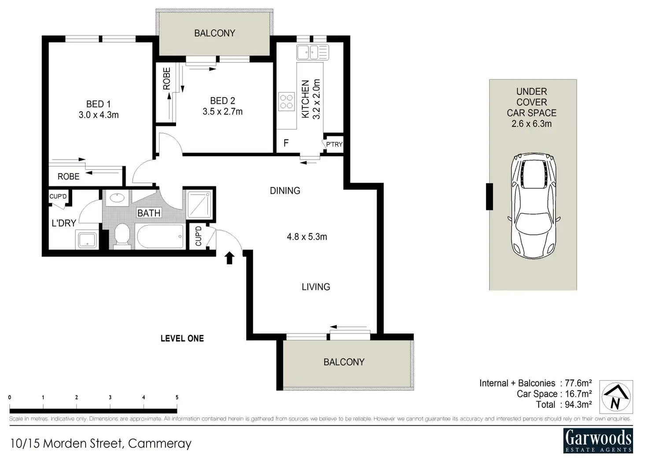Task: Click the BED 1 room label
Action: pyautogui.click(x=98, y=104)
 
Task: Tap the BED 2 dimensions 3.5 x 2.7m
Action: pyautogui.click(x=222, y=112)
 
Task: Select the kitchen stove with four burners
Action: pyautogui.click(x=287, y=102)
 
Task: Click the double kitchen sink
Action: pyautogui.click(x=313, y=53)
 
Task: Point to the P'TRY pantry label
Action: pyautogui.click(x=334, y=144)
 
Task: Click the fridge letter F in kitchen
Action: pyautogui.click(x=286, y=143)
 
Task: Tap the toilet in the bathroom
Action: pyautogui.click(x=122, y=236)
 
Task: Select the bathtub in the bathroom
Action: pyautogui.click(x=161, y=236)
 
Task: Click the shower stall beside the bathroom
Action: pyautogui.click(x=199, y=205)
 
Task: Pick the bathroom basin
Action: pyautogui.click(x=117, y=198)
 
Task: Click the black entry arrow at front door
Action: pyautogui.click(x=230, y=258)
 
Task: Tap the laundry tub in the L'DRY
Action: pyautogui.click(x=87, y=240)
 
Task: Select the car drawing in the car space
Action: pyautogui.click(x=534, y=206)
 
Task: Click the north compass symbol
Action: pyautogui.click(x=616, y=397)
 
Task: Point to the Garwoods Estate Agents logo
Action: pyautogui.click(x=598, y=440)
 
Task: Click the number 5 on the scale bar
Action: pyautogui.click(x=177, y=398)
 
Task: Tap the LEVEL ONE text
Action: pyautogui.click(x=182, y=339)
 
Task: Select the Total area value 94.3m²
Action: pyautogui.click(x=578, y=404)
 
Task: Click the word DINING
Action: pyautogui.click(x=285, y=191)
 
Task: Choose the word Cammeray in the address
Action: pyautogui.click(x=160, y=443)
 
